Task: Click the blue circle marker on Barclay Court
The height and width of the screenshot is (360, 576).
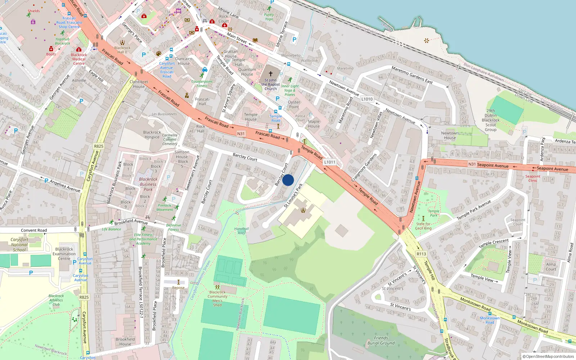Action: coord(288,180)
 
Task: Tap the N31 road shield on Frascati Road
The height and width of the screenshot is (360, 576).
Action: coord(241,134)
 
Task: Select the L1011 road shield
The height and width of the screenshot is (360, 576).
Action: coord(329,162)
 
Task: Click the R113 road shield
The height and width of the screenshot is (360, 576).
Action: coord(421,254)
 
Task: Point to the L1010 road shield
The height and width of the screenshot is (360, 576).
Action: coord(367,99)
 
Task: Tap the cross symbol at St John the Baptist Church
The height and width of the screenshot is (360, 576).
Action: coord(271,73)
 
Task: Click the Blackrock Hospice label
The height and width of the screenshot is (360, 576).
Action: coord(152,135)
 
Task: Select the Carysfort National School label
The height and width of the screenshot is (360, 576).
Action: coord(19,244)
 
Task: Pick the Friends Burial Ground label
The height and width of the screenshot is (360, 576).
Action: coord(381,341)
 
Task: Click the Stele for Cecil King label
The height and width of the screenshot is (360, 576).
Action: coord(423,226)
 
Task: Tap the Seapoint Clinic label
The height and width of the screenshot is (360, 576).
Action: coord(532,178)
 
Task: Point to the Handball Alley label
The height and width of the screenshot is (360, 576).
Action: coord(242,231)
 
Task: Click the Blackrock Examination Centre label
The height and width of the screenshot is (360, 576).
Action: coord(64,254)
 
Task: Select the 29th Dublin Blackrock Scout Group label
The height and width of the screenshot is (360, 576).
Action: coord(491,120)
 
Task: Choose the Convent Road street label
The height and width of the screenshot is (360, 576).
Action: coord(34,230)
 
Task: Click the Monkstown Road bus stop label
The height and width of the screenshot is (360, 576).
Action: coord(490,320)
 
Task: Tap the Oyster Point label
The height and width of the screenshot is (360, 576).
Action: coord(294,104)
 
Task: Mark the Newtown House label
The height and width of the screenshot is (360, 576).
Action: coord(450,135)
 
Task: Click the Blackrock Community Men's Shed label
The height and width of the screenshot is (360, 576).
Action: coord(217,298)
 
